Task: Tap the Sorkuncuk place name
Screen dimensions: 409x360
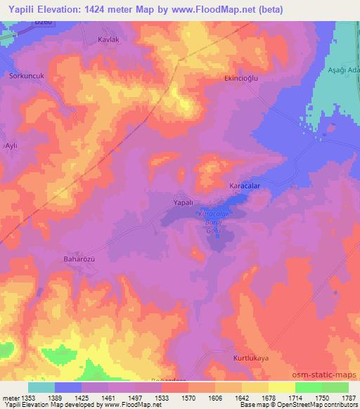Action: point(26,74)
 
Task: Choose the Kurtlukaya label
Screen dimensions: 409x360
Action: point(251,358)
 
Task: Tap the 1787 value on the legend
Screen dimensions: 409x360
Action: point(348,398)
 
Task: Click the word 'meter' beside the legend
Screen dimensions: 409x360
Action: point(10,398)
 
